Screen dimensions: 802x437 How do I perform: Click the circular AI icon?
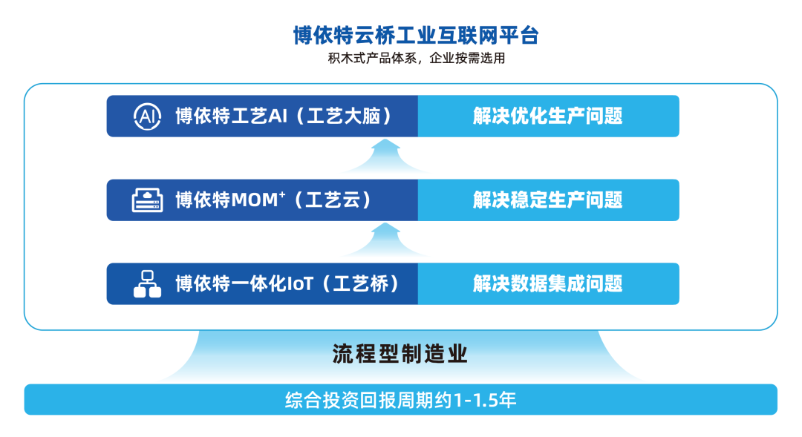coord(146,116)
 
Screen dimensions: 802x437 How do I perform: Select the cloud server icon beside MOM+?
coord(146,200)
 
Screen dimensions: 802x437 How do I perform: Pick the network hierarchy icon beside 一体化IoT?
coord(146,283)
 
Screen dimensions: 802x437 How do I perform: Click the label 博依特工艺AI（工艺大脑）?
coord(283,116)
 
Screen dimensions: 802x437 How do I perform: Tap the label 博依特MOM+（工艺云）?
coord(273,200)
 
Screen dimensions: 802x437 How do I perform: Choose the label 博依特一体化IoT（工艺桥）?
coord(287,283)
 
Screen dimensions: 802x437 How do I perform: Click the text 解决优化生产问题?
coord(547,116)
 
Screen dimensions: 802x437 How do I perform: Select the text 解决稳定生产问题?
coord(547,200)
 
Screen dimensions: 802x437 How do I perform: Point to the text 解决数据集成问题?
coord(547,283)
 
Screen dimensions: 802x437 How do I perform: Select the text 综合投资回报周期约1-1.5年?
coord(400,400)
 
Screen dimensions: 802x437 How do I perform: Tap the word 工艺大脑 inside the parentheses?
coord(348,116)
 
